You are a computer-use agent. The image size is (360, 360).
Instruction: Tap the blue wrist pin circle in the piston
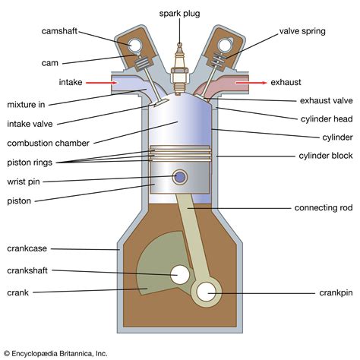(x=181, y=177)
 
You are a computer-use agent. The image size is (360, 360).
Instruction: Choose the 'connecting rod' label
(x=324, y=207)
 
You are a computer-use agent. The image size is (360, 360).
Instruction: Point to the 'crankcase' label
(x=29, y=248)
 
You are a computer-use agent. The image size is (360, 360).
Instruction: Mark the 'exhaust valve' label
(x=327, y=100)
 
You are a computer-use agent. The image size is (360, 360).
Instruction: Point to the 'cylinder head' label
(x=325, y=118)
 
